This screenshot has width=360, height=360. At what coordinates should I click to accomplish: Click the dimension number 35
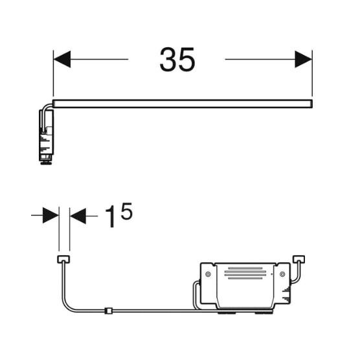pos(177,60)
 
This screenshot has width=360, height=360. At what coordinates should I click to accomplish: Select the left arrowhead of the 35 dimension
pos(62,59)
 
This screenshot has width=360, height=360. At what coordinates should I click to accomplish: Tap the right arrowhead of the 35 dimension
pos(303,59)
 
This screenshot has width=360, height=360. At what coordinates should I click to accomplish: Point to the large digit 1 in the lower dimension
pos(110,216)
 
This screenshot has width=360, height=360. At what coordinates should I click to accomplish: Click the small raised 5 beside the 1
pos(126,211)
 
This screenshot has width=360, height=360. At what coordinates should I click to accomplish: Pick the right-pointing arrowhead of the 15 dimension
pos(51,216)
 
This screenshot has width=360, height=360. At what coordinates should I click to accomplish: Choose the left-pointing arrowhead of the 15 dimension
pos(78,216)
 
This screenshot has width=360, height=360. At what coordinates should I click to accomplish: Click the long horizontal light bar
pos(183,104)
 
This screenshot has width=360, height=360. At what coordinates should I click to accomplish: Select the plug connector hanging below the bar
pos(46,137)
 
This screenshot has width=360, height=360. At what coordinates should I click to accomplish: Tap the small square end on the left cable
pos(63,260)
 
